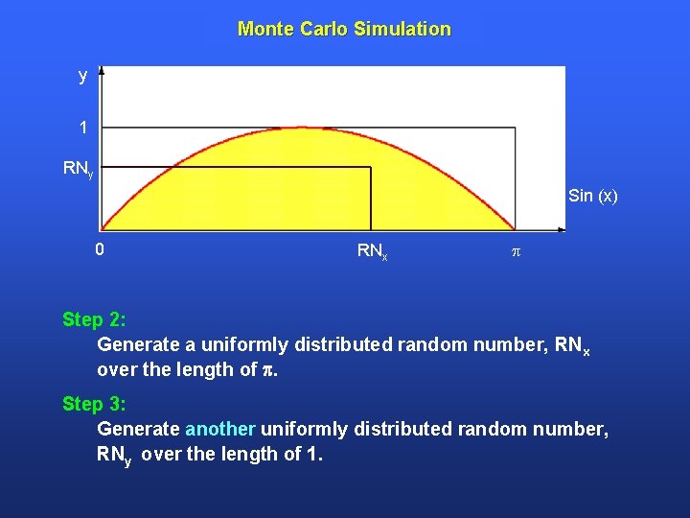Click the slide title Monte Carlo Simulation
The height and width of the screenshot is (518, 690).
pyautogui.click(x=344, y=29)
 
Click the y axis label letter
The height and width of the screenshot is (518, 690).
pyautogui.click(x=83, y=76)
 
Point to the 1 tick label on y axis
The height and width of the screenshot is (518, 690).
pyautogui.click(x=84, y=128)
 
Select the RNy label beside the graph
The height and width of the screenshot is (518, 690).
pyautogui.click(x=78, y=169)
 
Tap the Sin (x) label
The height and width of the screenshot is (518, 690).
pyautogui.click(x=592, y=197)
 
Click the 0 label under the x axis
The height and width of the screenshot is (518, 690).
pyautogui.click(x=100, y=251)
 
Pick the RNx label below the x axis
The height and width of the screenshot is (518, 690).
pyautogui.click(x=372, y=252)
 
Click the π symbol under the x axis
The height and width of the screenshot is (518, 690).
pyautogui.click(x=516, y=252)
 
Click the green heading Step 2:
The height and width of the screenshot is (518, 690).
pyautogui.click(x=94, y=318)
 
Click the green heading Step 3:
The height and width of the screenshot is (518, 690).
pyautogui.click(x=94, y=404)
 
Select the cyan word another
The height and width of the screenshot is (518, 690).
pyautogui.click(x=220, y=429)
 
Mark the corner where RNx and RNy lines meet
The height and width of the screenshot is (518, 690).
pyautogui.click(x=371, y=168)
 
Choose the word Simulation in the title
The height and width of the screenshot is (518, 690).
pyautogui.click(x=402, y=29)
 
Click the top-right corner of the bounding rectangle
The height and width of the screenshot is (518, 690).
pyautogui.click(x=516, y=128)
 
